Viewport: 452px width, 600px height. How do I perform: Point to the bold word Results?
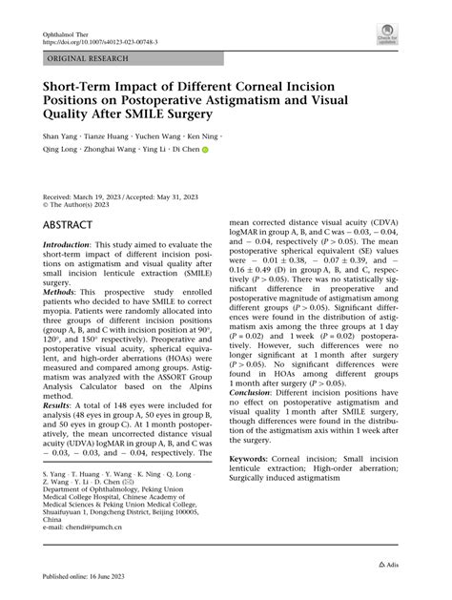point(58,406)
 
